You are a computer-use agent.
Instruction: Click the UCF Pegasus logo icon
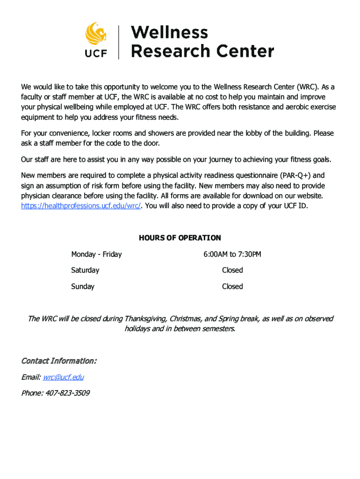pyautogui.click(x=96, y=34)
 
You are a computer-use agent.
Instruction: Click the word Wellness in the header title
pyautogui.click(x=169, y=33)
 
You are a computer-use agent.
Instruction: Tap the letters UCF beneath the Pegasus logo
pyautogui.click(x=96, y=53)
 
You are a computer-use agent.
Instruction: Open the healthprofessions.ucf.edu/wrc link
pyautogui.click(x=81, y=206)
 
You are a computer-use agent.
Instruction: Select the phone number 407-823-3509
pyautogui.click(x=67, y=393)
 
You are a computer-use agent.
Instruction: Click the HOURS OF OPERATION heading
pyautogui.click(x=180, y=238)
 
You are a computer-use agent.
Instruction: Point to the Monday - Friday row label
pyautogui.click(x=96, y=254)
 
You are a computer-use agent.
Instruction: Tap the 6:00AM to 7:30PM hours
pyautogui.click(x=232, y=254)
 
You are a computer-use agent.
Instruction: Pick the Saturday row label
pyautogui.click(x=85, y=270)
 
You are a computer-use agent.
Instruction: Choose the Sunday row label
pyautogui.click(x=83, y=286)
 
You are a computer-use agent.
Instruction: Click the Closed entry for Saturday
pyautogui.click(x=232, y=270)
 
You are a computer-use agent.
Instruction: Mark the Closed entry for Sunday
pyautogui.click(x=232, y=286)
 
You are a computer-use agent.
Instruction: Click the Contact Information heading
pyautogui.click(x=59, y=361)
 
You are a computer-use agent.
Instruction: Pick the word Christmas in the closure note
pyautogui.click(x=186, y=319)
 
